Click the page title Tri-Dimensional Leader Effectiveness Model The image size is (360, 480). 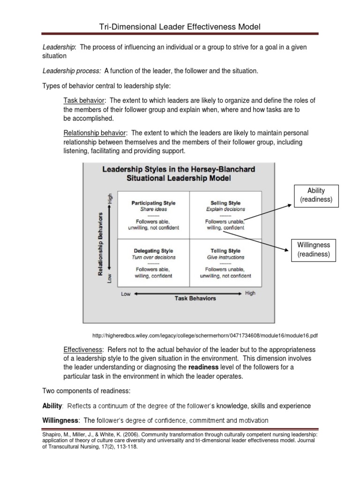(180, 27)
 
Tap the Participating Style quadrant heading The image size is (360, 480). (153, 203)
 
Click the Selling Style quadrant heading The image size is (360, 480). (225, 203)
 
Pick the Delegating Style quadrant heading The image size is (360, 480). (153, 251)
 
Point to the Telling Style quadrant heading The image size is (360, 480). (225, 251)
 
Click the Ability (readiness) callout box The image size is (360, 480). (316, 195)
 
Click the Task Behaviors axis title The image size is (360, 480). (195, 298)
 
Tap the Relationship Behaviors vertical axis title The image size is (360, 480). (100, 244)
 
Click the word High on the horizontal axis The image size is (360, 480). (250, 293)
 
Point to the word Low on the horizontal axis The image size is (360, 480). (126, 294)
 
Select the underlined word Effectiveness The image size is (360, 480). (82, 350)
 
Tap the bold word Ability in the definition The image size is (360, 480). (52, 405)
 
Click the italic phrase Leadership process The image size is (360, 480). (72, 71)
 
